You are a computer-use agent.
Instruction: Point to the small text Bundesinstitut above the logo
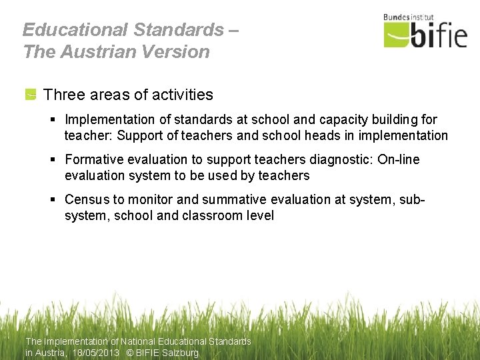point(409,17)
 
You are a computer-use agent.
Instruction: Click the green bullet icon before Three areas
point(31,95)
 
